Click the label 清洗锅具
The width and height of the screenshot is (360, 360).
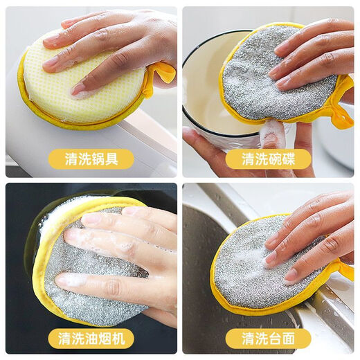(91, 159)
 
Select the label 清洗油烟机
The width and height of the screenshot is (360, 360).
(91, 339)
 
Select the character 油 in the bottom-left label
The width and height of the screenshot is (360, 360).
(91, 339)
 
